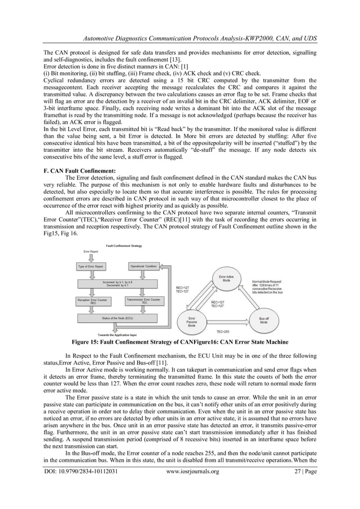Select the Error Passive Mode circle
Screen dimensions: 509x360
coord(191,322)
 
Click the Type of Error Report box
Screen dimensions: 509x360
coord(94,266)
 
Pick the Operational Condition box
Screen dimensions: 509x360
coord(144,266)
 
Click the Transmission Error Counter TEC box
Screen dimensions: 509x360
coord(144,301)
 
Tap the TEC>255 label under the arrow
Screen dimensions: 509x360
coord(224,332)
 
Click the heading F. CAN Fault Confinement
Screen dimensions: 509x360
coord(80,169)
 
